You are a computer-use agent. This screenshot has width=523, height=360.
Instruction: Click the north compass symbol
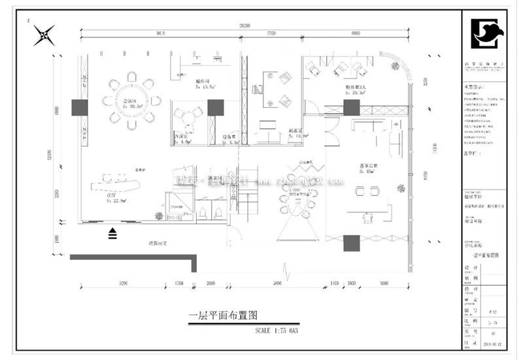45,35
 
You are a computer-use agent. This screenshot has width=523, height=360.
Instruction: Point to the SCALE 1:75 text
281,331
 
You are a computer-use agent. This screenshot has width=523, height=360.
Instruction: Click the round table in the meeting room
131,101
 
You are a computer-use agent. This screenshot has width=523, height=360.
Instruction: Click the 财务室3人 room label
356,87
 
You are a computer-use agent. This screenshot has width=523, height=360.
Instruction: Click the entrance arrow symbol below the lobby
113,231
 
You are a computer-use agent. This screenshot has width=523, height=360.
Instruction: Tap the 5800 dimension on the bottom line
277,284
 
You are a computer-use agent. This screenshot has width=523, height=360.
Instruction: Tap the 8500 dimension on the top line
355,32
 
